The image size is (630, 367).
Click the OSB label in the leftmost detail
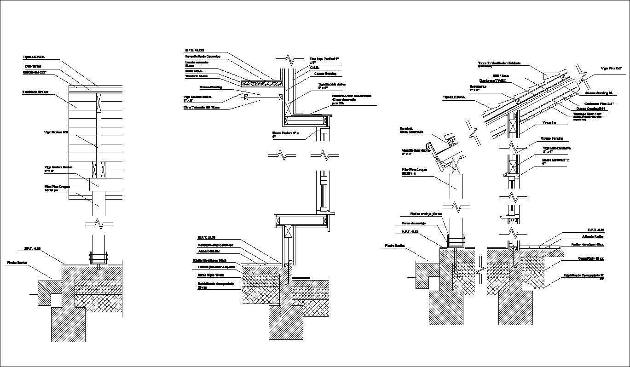[33, 66]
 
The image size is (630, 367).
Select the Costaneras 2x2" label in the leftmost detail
[35, 72]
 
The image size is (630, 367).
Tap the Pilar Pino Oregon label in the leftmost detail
[57, 188]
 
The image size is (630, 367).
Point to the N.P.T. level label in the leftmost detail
[32, 248]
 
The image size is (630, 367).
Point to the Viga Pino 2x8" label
[611, 68]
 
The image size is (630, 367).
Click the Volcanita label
[549, 123]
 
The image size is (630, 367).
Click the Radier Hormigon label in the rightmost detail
[587, 245]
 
